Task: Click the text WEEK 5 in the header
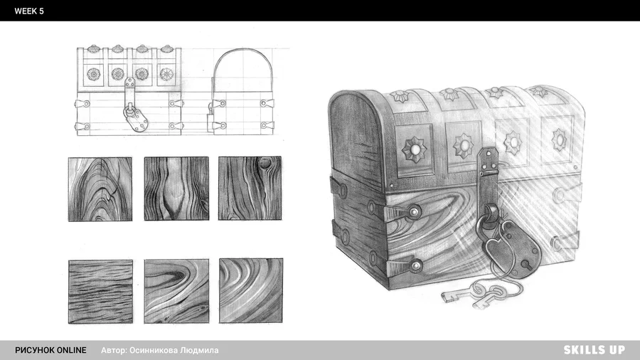point(29,11)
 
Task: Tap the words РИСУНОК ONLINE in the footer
point(50,350)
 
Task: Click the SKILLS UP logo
point(594,350)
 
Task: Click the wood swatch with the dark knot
point(250,188)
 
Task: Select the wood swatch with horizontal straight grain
point(100,292)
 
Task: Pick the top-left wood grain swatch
point(100,189)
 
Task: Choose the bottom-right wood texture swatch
point(251,290)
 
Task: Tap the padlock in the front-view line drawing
point(137,117)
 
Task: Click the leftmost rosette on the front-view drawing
point(93,74)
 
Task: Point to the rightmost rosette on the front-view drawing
point(166,74)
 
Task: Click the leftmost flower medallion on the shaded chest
point(415,149)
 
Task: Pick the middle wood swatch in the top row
point(176,189)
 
